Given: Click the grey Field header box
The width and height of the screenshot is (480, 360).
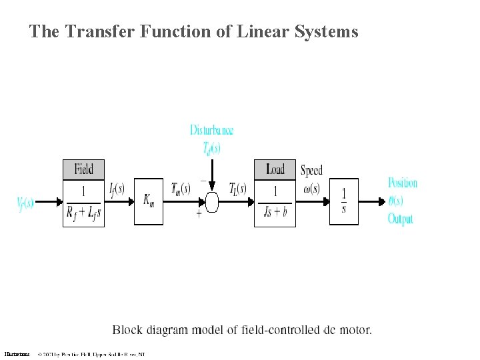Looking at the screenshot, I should [x=83, y=169].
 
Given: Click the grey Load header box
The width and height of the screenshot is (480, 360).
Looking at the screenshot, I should [x=275, y=169].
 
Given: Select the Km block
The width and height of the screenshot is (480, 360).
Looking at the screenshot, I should [x=149, y=201].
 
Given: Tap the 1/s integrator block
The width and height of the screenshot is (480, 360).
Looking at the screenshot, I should [x=343, y=201].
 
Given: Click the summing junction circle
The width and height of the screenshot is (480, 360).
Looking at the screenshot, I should [x=212, y=201].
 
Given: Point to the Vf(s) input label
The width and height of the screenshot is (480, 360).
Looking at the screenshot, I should [x=25, y=202].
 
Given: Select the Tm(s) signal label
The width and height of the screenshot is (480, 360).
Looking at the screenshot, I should [x=181, y=189].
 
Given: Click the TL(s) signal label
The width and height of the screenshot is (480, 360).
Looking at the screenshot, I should [x=237, y=189].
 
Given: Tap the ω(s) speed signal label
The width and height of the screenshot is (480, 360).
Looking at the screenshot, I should [x=311, y=189].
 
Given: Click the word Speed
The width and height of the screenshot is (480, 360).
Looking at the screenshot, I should [x=311, y=171].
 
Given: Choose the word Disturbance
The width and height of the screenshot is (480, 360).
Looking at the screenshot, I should [x=211, y=130].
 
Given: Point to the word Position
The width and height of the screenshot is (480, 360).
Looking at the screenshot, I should [x=403, y=183].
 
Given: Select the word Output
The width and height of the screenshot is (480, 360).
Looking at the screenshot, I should [x=401, y=219].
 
